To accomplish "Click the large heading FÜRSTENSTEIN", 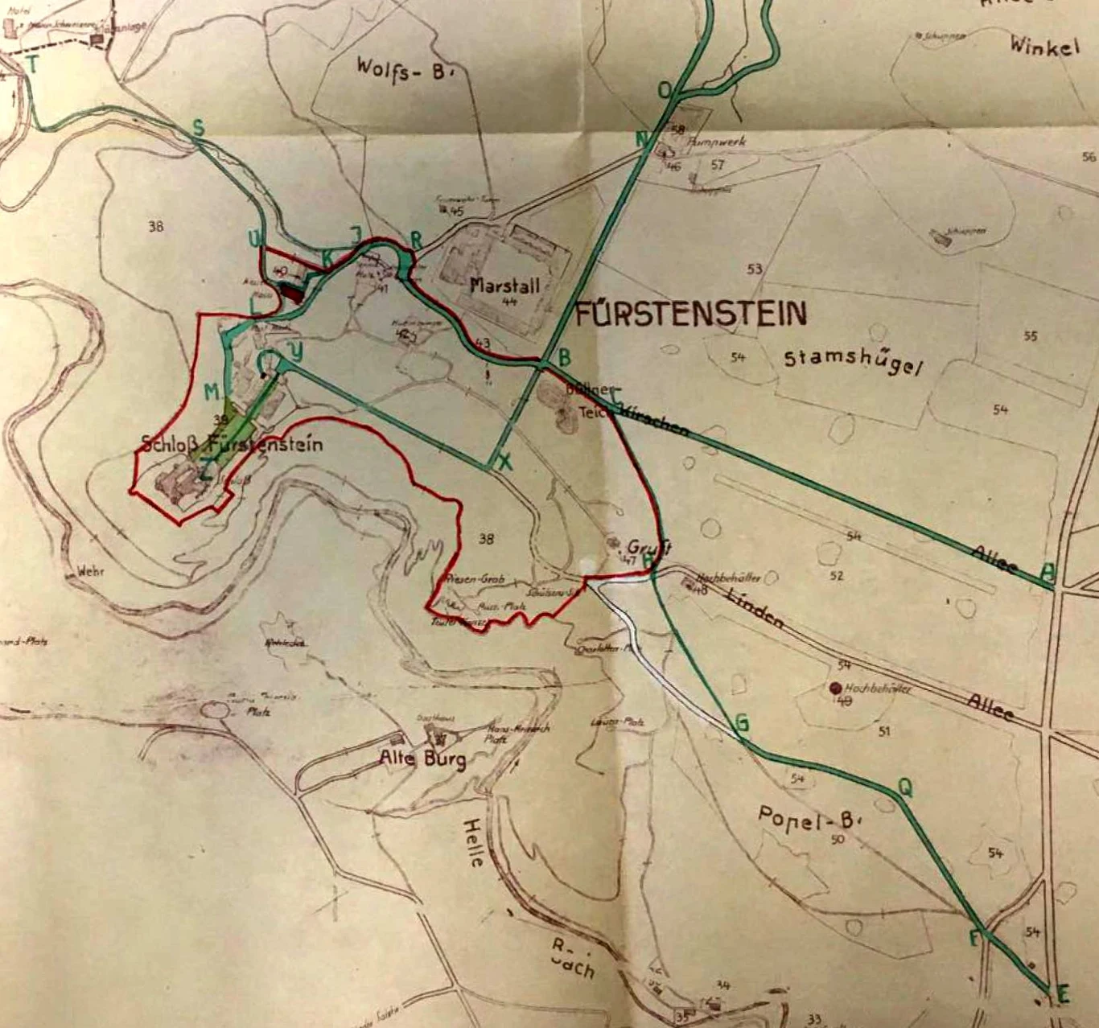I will (690, 313).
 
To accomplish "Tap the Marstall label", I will (504, 286).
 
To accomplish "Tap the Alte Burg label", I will (422, 759).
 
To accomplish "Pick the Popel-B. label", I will (809, 818).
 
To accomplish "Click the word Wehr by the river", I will (91, 572).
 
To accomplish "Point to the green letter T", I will (33, 65).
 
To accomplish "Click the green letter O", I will (665, 91).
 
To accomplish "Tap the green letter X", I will (505, 462).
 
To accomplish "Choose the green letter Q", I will (905, 789).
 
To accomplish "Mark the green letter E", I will (1062, 995).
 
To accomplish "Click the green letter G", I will (741, 723).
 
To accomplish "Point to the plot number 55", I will (1031, 336).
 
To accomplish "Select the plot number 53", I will (754, 269).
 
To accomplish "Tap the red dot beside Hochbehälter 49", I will (834, 689).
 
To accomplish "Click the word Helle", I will (473, 842).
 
